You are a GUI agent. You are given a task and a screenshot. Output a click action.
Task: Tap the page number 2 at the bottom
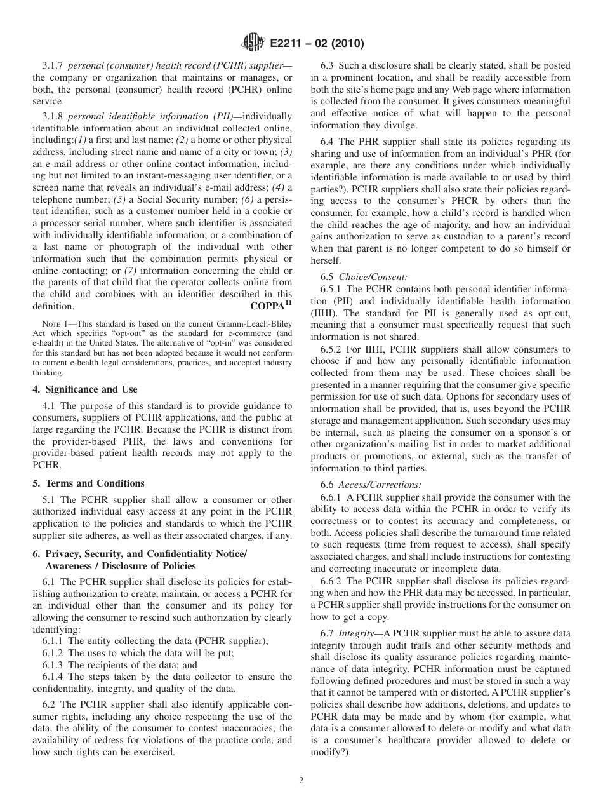pos(301,781)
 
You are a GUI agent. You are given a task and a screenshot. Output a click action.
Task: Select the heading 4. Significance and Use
pos(85,389)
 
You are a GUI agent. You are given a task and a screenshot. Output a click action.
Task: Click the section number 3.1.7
pos(53,65)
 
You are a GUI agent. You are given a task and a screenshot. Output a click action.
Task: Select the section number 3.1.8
pos(53,116)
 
